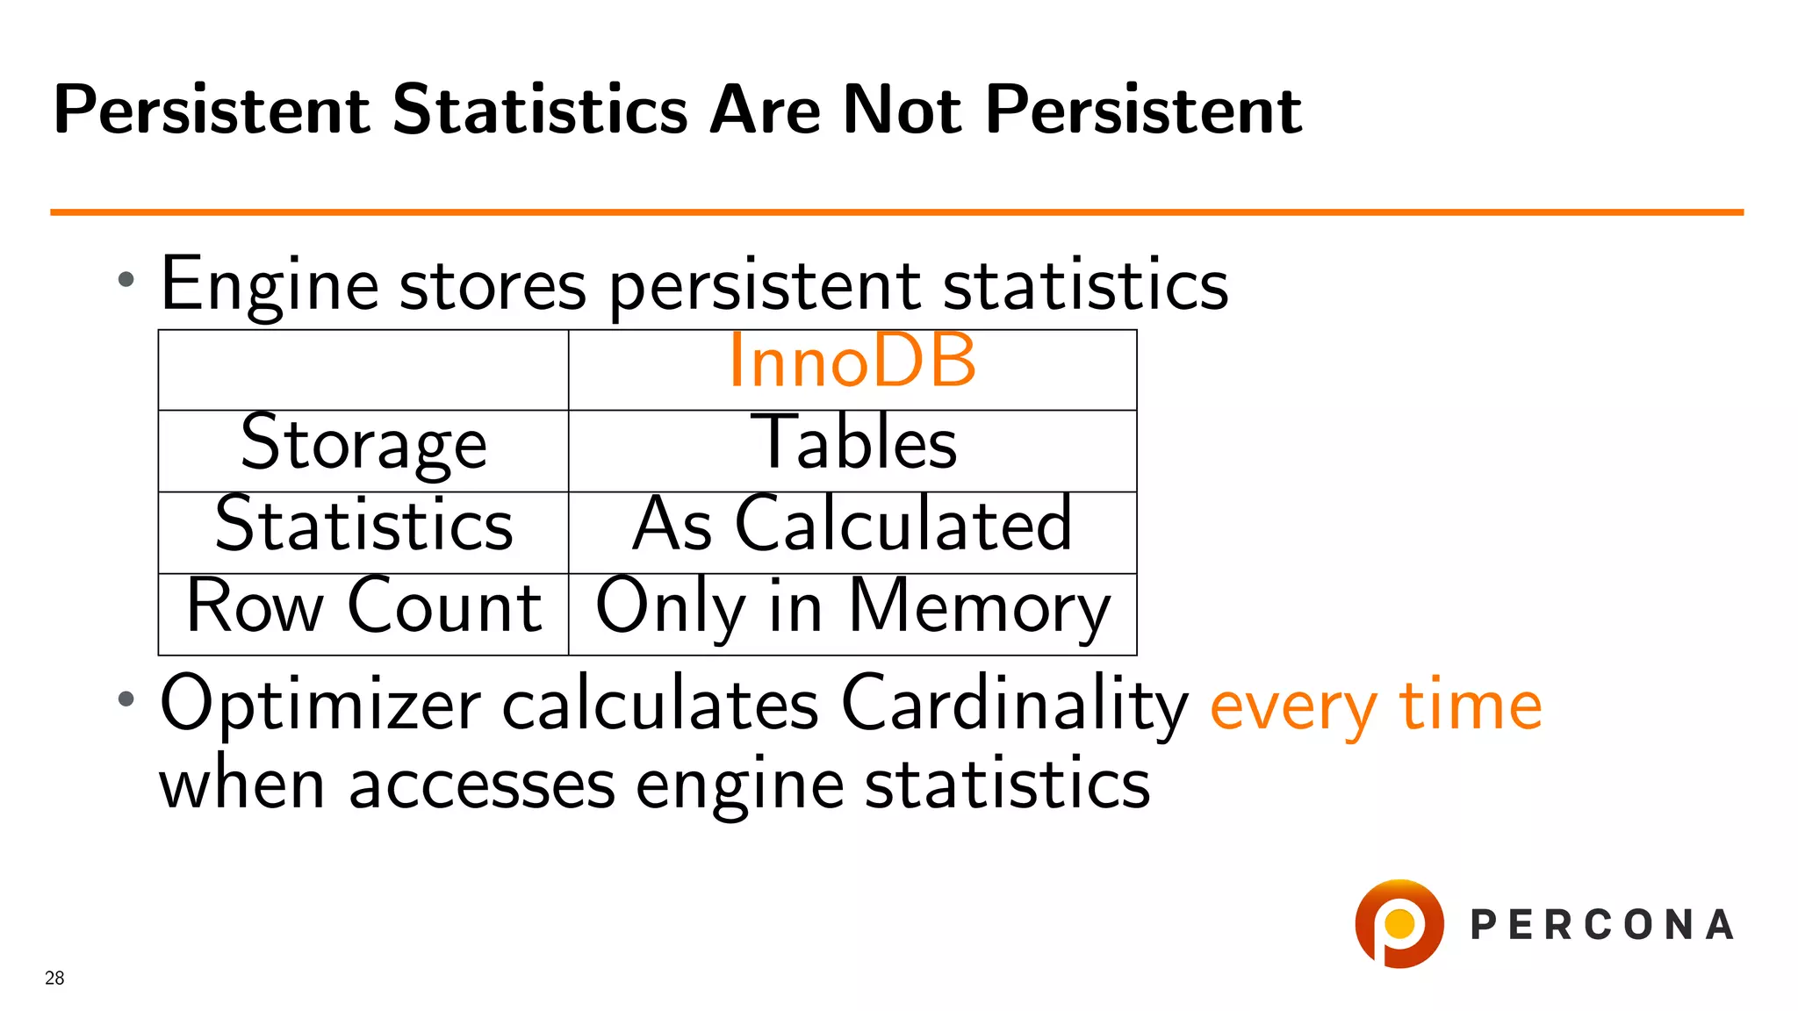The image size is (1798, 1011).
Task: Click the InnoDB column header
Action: (x=852, y=362)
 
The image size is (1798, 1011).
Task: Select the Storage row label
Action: (x=363, y=444)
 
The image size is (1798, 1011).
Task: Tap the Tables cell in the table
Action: (x=853, y=443)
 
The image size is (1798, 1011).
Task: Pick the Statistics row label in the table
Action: (x=363, y=525)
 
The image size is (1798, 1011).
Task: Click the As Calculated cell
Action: (x=852, y=525)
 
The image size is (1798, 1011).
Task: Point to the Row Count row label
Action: (x=363, y=606)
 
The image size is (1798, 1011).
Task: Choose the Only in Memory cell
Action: (x=852, y=607)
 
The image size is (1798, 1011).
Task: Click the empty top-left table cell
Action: (x=363, y=370)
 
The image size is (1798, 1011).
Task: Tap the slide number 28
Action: (x=54, y=978)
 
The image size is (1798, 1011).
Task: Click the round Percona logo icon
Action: (x=1399, y=924)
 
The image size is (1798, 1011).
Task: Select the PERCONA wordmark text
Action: (x=1602, y=925)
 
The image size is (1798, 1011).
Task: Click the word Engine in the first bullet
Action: (x=270, y=285)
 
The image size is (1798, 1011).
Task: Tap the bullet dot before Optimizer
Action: (x=126, y=699)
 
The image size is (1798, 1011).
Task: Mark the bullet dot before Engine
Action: (x=126, y=280)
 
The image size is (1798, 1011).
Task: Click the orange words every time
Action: (x=1375, y=706)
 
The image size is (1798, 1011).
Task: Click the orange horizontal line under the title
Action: (x=895, y=212)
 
